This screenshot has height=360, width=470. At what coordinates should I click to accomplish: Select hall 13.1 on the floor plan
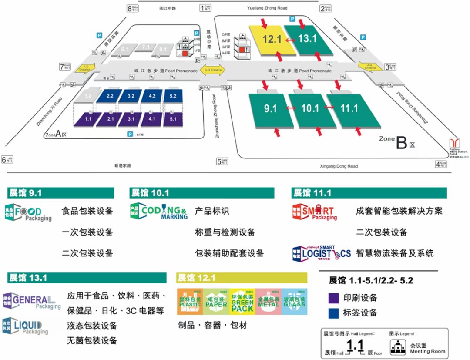click(x=307, y=39)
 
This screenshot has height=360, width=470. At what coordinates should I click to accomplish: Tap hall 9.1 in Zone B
click(x=270, y=108)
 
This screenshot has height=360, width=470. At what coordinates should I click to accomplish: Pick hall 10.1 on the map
click(x=310, y=108)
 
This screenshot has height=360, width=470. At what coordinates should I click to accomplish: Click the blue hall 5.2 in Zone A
click(x=173, y=96)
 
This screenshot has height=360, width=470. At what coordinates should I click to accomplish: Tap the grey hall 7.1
click(x=146, y=47)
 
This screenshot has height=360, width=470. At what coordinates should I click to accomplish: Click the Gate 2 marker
click(x=326, y=8)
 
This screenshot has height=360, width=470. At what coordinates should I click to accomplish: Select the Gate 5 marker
click(x=222, y=162)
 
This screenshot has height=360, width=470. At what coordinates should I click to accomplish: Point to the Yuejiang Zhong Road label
click(x=267, y=8)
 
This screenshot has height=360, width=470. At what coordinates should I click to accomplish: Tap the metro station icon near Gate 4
click(x=456, y=142)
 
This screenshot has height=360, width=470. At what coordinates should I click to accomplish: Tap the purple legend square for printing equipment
click(x=333, y=298)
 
